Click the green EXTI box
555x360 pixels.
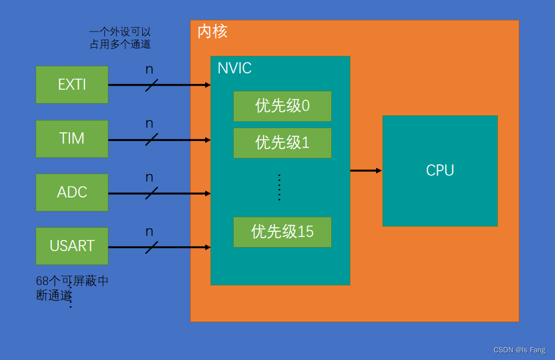[x=72, y=85]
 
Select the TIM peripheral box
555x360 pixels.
[x=72, y=139]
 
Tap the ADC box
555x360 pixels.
[x=72, y=192]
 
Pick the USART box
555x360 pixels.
[x=72, y=246]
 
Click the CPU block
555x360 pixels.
[x=440, y=171]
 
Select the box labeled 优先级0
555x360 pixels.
[x=282, y=106]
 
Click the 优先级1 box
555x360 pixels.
[x=282, y=143]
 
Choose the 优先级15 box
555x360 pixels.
[x=282, y=232]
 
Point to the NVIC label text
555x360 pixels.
[x=234, y=68]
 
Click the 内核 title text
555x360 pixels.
[x=212, y=31]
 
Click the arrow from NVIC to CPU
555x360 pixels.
[x=366, y=171]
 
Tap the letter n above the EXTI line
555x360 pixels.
[x=149, y=69]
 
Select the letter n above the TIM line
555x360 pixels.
[x=149, y=123]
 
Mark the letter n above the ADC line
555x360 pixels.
[x=149, y=178]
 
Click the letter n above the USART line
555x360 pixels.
[x=149, y=232]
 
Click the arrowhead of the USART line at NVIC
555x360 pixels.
[x=208, y=247]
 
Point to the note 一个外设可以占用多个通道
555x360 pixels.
[x=120, y=38]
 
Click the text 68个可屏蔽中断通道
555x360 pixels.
[x=72, y=288]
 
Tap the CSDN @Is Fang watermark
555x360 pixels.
[x=519, y=350]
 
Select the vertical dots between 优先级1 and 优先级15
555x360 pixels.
[x=279, y=187]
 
